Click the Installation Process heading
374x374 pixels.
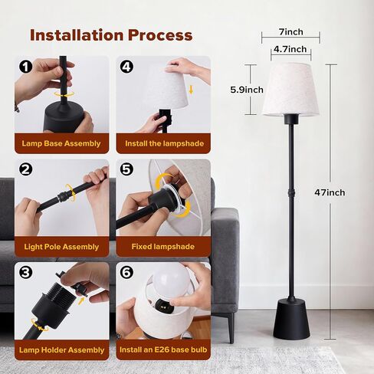pyautogui.click(x=111, y=35)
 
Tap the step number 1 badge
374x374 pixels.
pyautogui.click(x=25, y=67)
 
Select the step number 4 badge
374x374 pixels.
pyautogui.click(x=126, y=67)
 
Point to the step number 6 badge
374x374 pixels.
pyautogui.click(x=126, y=273)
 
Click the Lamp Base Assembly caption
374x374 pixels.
pyautogui.click(x=61, y=143)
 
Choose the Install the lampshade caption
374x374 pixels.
pyautogui.click(x=164, y=143)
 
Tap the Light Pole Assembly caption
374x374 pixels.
pyautogui.click(x=61, y=247)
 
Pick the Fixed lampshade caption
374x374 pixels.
pyautogui.click(x=163, y=247)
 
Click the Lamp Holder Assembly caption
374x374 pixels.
pyautogui.click(x=62, y=349)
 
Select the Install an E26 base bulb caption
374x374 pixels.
pyautogui.click(x=163, y=349)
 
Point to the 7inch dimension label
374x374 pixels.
pyautogui.click(x=291, y=32)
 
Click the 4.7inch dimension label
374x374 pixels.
pyautogui.click(x=290, y=49)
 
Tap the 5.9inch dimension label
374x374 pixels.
pyautogui.click(x=247, y=90)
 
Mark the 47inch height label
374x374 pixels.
pyautogui.click(x=330, y=192)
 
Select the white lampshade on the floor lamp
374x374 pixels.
pyautogui.click(x=291, y=90)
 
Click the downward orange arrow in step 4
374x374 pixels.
pyautogui.click(x=191, y=90)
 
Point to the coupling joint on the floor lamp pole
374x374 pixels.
pyautogui.click(x=291, y=192)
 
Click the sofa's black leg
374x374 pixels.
pyautogui.click(x=231, y=328)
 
